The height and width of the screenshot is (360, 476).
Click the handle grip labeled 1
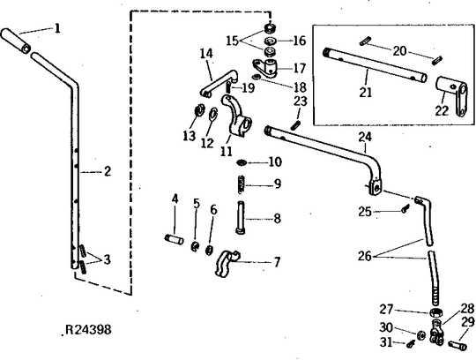pos(16,41)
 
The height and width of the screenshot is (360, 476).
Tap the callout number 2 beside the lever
pos(108,172)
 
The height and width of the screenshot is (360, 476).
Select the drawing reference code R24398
pos(88,330)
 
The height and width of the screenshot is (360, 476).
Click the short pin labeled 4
pos(174,239)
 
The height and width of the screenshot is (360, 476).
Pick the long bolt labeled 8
pos(240,218)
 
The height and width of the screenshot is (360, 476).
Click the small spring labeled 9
pos(241,184)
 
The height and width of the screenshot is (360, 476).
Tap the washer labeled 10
pos(242,163)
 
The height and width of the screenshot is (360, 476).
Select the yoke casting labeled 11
pos(237,116)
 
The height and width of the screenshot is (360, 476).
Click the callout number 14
pos(206,54)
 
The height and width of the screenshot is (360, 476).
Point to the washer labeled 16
pos(270,41)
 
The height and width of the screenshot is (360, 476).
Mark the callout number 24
pos(365,137)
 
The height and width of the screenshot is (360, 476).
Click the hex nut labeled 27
pos(435,312)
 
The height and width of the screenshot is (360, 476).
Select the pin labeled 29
pos(457,346)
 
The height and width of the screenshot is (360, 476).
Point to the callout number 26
pos(365,256)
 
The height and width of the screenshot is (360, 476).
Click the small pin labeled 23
pos(295,125)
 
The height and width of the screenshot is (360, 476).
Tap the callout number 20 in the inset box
pos(399,50)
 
